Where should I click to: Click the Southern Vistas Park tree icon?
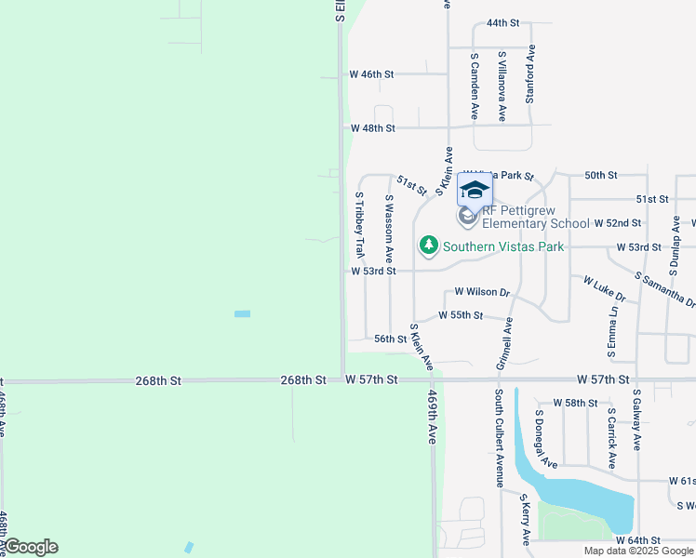428,246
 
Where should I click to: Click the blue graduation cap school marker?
475,190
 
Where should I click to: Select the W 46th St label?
372,73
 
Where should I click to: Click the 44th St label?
502,22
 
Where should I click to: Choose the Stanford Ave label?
530,75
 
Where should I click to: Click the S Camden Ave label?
474,86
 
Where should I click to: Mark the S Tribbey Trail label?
359,225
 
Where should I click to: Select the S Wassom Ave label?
390,228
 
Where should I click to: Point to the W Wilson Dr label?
482,292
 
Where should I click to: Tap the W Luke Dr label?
605,287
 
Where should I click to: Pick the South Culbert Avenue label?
500,438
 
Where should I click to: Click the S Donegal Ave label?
545,437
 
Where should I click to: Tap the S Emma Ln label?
612,329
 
